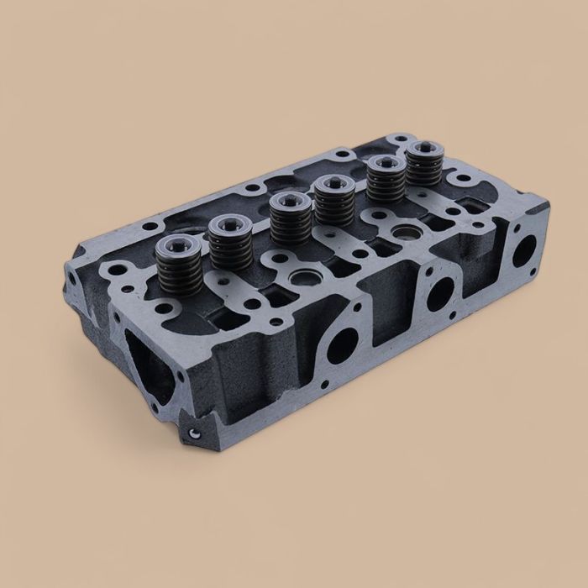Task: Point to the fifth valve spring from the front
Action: pos(385,183)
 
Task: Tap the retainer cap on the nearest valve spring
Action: pos(178,248)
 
